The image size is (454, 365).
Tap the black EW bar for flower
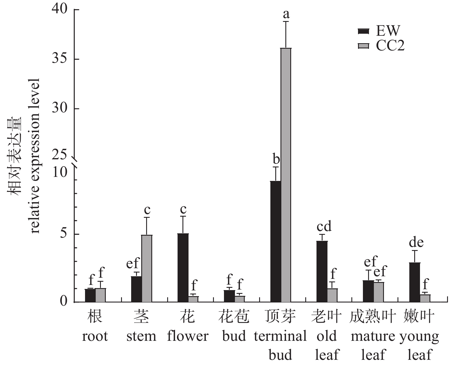pyautogui.click(x=183, y=268)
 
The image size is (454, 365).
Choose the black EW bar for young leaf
pyautogui.click(x=415, y=282)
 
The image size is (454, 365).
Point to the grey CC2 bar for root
pyautogui.click(x=100, y=295)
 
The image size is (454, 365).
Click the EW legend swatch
pyautogui.click(x=363, y=31)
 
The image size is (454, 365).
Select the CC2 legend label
pyautogui.click(x=390, y=46)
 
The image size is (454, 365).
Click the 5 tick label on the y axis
pyautogui.click(x=63, y=234)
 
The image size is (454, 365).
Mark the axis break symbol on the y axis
pyautogui.click(x=75, y=162)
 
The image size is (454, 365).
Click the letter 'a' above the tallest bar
pyautogui.click(x=286, y=14)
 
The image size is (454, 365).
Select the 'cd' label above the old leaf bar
pyautogui.click(x=324, y=226)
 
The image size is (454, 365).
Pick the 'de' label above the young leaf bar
pyautogui.click(x=416, y=243)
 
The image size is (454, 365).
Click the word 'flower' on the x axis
pyautogui.click(x=188, y=336)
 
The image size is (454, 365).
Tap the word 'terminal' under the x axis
pyautogui.click(x=280, y=336)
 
